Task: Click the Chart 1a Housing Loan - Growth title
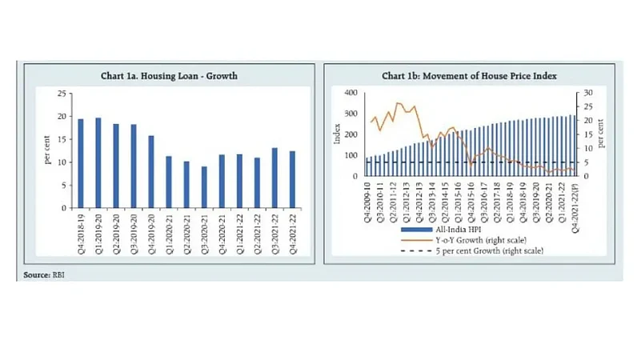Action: pos(169,77)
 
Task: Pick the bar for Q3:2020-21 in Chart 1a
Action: pos(204,187)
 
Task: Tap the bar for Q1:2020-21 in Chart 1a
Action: pos(169,182)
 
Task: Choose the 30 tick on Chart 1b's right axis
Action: pos(587,93)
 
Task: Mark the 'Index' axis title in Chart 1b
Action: pos(337,134)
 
